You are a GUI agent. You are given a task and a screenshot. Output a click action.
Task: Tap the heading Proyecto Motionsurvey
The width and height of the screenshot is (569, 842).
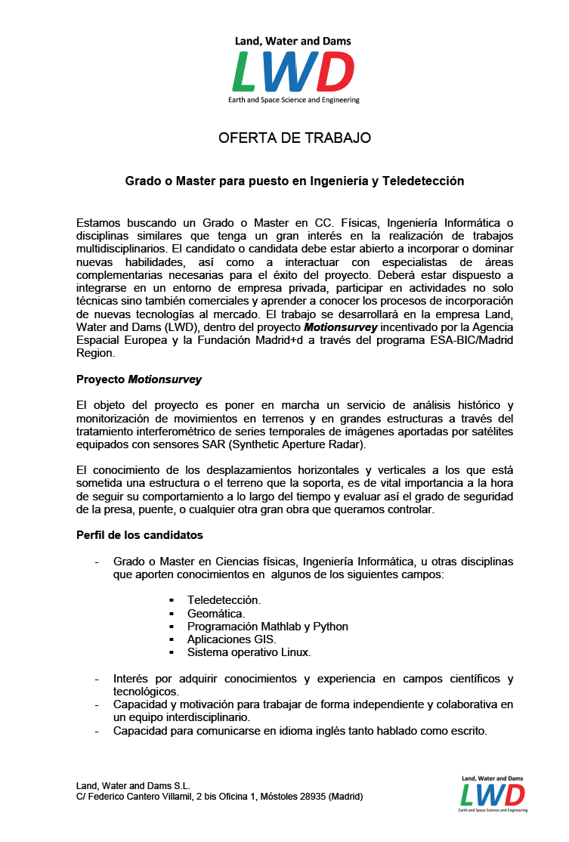click(139, 379)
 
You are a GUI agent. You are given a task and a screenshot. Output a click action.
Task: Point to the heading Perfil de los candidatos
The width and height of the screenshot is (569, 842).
click(140, 535)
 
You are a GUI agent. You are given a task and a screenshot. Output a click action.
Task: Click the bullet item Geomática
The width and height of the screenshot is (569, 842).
click(216, 613)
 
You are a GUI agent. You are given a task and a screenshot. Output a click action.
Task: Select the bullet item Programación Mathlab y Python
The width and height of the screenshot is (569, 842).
click(267, 626)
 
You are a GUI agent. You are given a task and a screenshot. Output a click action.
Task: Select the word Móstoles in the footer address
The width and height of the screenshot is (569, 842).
click(276, 797)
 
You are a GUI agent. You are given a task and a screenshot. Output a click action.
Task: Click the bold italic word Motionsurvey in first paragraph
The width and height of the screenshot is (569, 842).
click(340, 327)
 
